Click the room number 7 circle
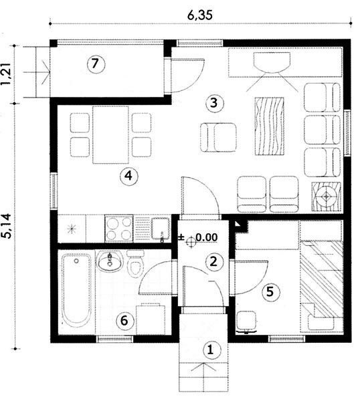pyautogui.click(x=96, y=64)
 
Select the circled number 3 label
pyautogui.click(x=215, y=104)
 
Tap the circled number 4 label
pyautogui.click(x=129, y=176)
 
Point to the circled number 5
pyautogui.click(x=270, y=291)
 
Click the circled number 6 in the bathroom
pyautogui.click(x=125, y=320)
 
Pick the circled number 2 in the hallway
pyautogui.click(x=213, y=261)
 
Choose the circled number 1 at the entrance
pyautogui.click(x=211, y=350)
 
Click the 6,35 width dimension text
pyautogui.click(x=200, y=15)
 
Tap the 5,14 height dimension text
pyautogui.click(x=7, y=226)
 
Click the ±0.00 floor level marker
pyautogui.click(x=198, y=238)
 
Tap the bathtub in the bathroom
pyautogui.click(x=76, y=291)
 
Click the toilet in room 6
pyautogui.click(x=135, y=264)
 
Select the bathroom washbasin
pyautogui.click(x=110, y=261)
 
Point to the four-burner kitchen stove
pyautogui.click(x=119, y=229)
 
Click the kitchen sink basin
pyautogui.click(x=161, y=229)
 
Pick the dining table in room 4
pyautogui.click(x=110, y=135)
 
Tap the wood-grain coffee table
pyautogui.click(x=270, y=126)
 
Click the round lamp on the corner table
pyautogui.click(x=326, y=196)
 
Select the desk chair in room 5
pyautogui.click(x=246, y=321)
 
